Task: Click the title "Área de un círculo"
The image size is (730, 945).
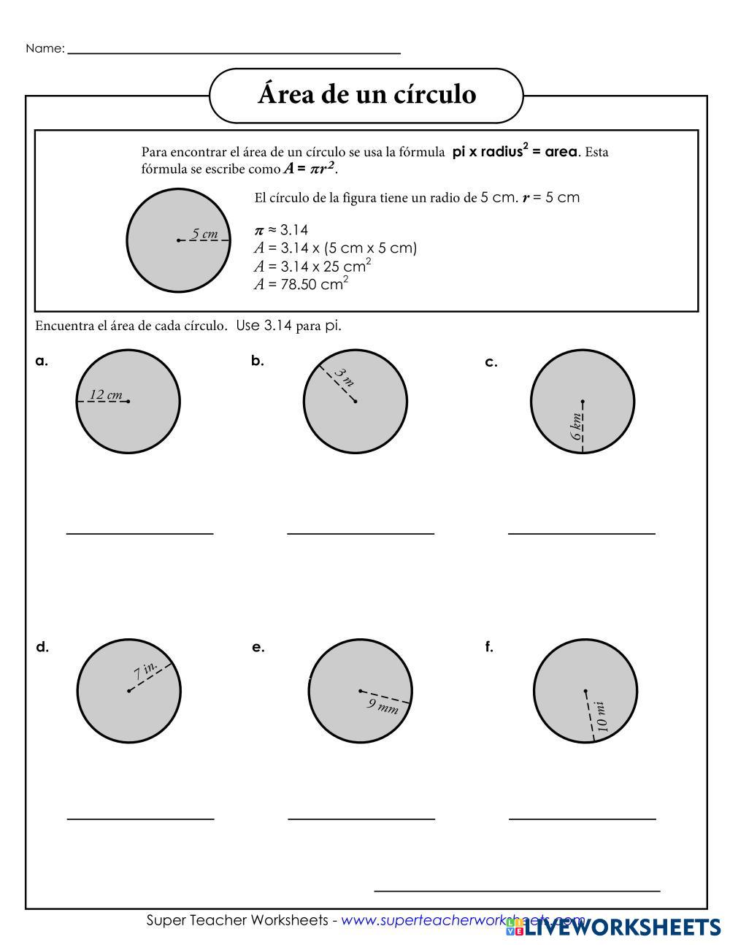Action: point(366,95)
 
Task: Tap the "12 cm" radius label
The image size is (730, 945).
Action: point(105,395)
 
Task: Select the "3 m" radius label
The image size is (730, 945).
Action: point(344,378)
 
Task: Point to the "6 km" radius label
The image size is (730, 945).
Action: point(577,426)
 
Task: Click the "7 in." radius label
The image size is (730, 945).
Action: point(146,670)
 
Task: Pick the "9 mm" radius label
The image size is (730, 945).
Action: point(383,705)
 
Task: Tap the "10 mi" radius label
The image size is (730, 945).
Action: point(601,716)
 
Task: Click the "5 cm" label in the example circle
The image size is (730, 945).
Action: point(204,234)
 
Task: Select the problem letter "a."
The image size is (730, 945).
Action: point(42,361)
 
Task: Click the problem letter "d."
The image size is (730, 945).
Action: point(42,647)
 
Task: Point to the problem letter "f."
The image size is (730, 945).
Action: point(489,647)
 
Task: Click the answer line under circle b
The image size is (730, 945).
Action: point(361,533)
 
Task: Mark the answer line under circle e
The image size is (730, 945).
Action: point(361,819)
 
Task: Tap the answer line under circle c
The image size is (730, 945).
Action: point(582,533)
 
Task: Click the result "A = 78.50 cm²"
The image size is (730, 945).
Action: point(301,284)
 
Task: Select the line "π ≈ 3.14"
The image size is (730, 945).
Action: point(281,230)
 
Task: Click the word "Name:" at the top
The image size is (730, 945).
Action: point(45,49)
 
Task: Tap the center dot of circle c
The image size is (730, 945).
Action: point(583,401)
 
